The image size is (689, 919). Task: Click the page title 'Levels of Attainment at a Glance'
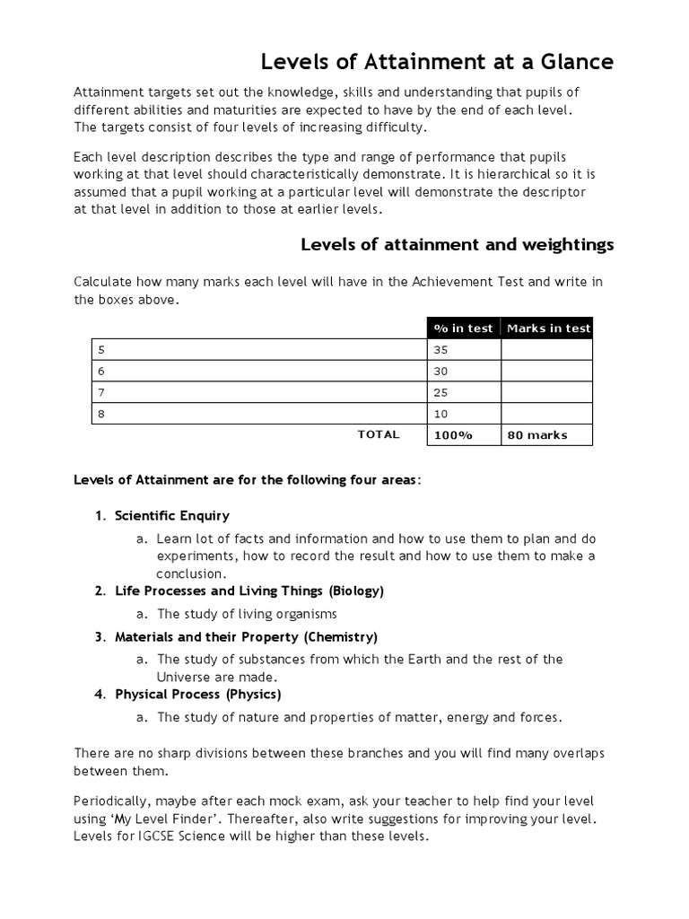coord(437,62)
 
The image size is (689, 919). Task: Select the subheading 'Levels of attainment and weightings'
coord(457,244)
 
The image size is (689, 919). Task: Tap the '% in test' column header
coord(463,328)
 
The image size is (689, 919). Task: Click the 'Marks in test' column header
coord(548,328)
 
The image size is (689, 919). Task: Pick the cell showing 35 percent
coord(463,349)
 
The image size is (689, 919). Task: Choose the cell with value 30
coord(463,371)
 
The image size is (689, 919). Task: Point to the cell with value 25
coord(463,392)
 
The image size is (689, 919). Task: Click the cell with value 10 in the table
coord(463,414)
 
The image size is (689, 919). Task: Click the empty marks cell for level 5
coord(547,349)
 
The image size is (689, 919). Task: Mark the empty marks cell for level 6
coord(547,371)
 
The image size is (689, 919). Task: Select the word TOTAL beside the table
coord(378,434)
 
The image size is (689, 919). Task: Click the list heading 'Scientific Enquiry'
coord(172,516)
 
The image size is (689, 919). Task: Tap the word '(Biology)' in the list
coord(356,591)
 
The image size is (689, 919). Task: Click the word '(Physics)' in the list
coord(253,695)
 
